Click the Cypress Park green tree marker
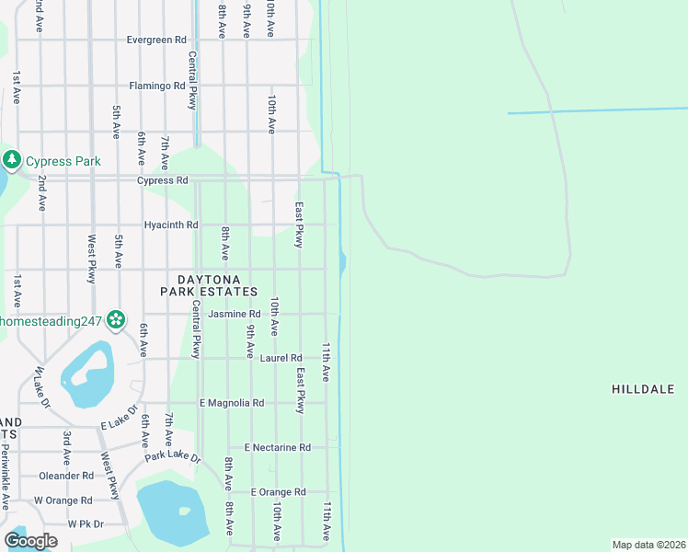[x=12, y=161]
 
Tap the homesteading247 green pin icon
[x=116, y=320]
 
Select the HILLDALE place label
[x=643, y=390]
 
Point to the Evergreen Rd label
[x=156, y=40]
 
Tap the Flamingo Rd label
[x=157, y=86]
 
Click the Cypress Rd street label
[x=162, y=180]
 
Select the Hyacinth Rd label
[x=171, y=224]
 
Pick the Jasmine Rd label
[x=235, y=314]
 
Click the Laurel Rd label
[x=281, y=358]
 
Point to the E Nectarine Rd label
[x=277, y=447]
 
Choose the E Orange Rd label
[x=277, y=492]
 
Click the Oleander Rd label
[x=66, y=476]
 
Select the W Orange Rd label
[x=63, y=500]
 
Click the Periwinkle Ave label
[x=5, y=477]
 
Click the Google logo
[x=30, y=541]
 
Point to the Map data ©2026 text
[x=648, y=545]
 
